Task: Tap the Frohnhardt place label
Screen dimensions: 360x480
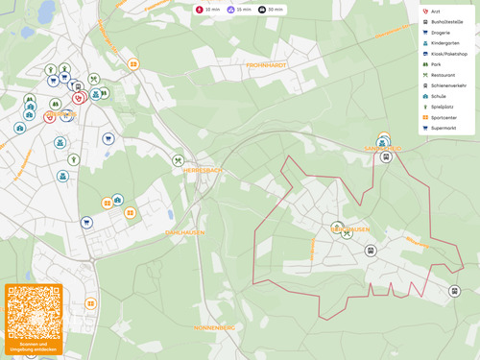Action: point(266,64)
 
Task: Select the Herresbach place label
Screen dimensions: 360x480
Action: point(202,170)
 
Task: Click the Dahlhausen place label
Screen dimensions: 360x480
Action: point(185,232)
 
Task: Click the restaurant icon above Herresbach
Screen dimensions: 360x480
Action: point(178,160)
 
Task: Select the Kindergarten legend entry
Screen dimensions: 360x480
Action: point(442,43)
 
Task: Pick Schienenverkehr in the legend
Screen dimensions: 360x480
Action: point(447,85)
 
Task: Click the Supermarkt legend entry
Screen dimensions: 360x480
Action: point(444,128)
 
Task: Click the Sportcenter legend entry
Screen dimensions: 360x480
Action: point(444,117)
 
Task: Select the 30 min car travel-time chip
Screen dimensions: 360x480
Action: point(271,9)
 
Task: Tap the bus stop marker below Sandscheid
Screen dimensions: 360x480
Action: point(386,156)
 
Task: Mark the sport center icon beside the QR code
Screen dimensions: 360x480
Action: point(90,303)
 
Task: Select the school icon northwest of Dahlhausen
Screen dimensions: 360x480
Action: point(117,200)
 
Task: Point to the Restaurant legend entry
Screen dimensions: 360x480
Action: point(443,75)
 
